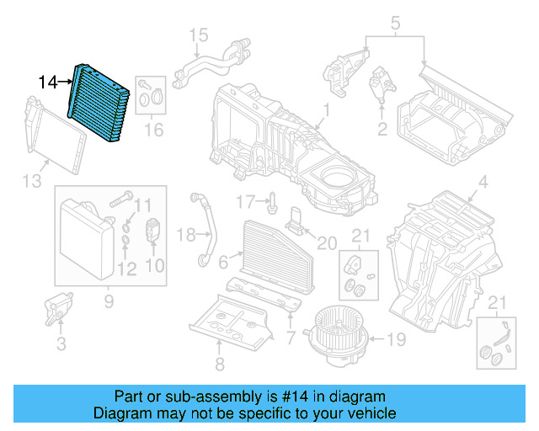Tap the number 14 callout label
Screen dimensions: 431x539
tap(49, 82)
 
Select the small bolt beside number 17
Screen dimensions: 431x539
tap(274, 203)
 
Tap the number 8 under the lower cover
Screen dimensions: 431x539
tap(219, 364)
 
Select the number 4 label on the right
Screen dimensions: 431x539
tap(483, 183)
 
